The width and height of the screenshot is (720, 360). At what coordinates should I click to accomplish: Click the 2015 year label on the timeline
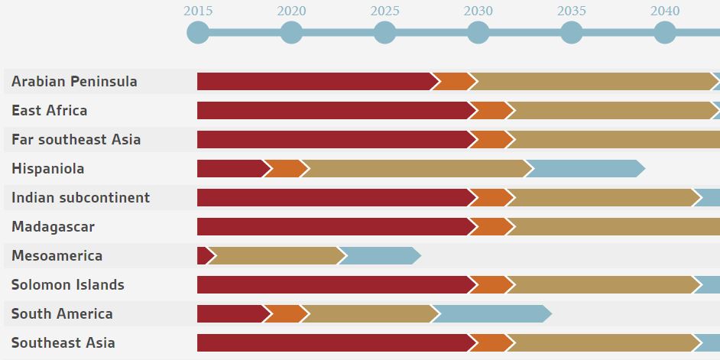pos(198,11)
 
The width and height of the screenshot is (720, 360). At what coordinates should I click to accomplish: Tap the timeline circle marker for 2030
pos(478,33)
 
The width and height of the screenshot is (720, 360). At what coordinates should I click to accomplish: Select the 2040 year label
pos(665,11)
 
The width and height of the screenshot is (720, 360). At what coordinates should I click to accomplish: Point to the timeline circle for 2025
pos(385,33)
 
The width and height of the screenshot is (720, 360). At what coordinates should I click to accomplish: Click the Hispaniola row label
pos(47,169)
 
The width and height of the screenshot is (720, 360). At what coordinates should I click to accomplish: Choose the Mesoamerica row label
pos(57,256)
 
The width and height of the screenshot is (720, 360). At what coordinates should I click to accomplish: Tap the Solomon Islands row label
pos(67,285)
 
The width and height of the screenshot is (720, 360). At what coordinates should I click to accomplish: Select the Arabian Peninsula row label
pos(74,82)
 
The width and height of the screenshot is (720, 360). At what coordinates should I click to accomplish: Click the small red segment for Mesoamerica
pos(204,256)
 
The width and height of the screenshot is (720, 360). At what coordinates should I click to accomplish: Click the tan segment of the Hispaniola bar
pos(417,169)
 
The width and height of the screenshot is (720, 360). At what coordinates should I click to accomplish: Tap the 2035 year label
pos(572,11)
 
